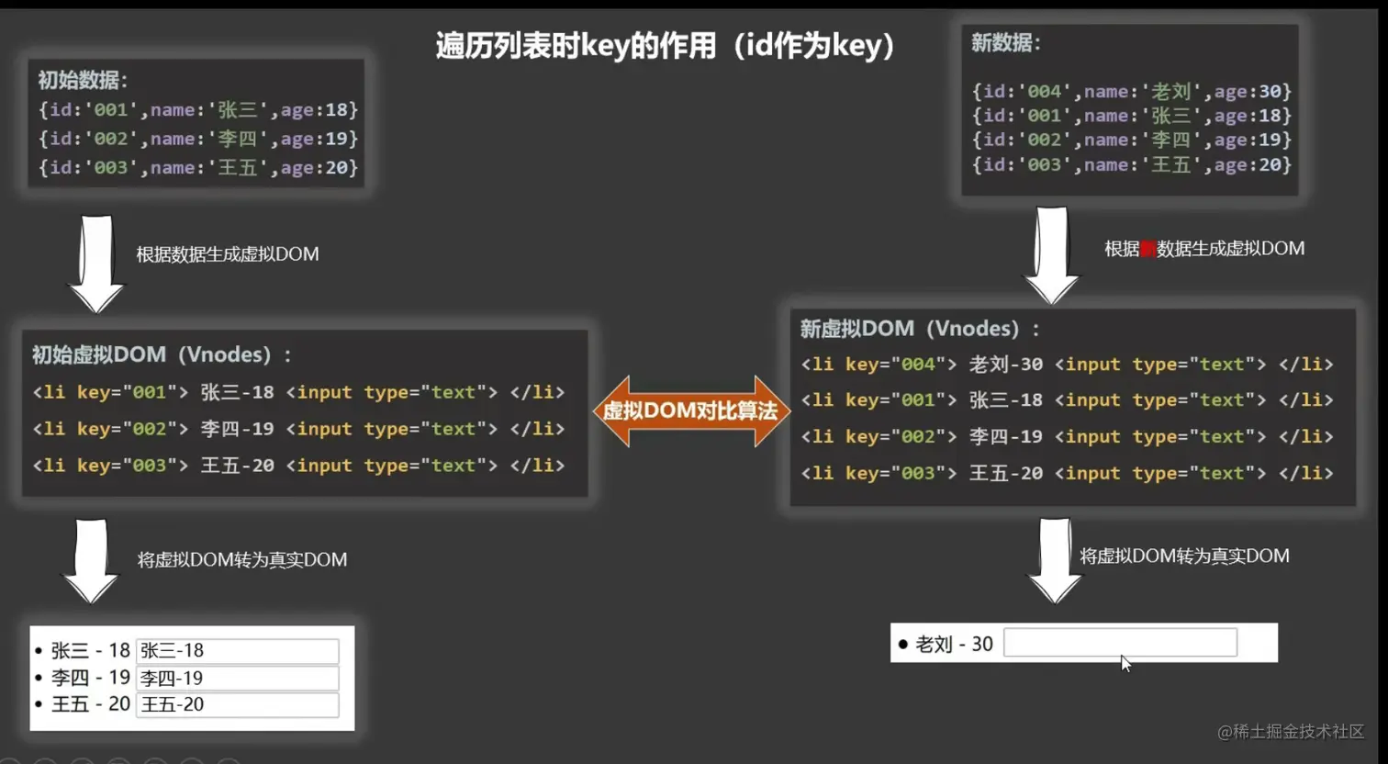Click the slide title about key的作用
click(665, 45)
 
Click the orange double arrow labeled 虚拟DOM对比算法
click(691, 410)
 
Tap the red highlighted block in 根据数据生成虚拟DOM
click(1147, 249)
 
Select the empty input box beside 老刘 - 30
click(1120, 643)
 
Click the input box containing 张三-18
click(237, 650)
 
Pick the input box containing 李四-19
click(237, 678)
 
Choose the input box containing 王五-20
click(237, 704)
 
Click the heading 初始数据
click(83, 80)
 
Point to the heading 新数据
click(1006, 42)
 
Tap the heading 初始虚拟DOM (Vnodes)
click(162, 354)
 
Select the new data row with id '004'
click(1131, 91)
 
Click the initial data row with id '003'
click(198, 167)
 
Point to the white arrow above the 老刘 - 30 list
click(1055, 559)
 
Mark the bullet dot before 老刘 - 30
click(903, 645)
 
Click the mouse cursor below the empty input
click(1125, 663)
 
